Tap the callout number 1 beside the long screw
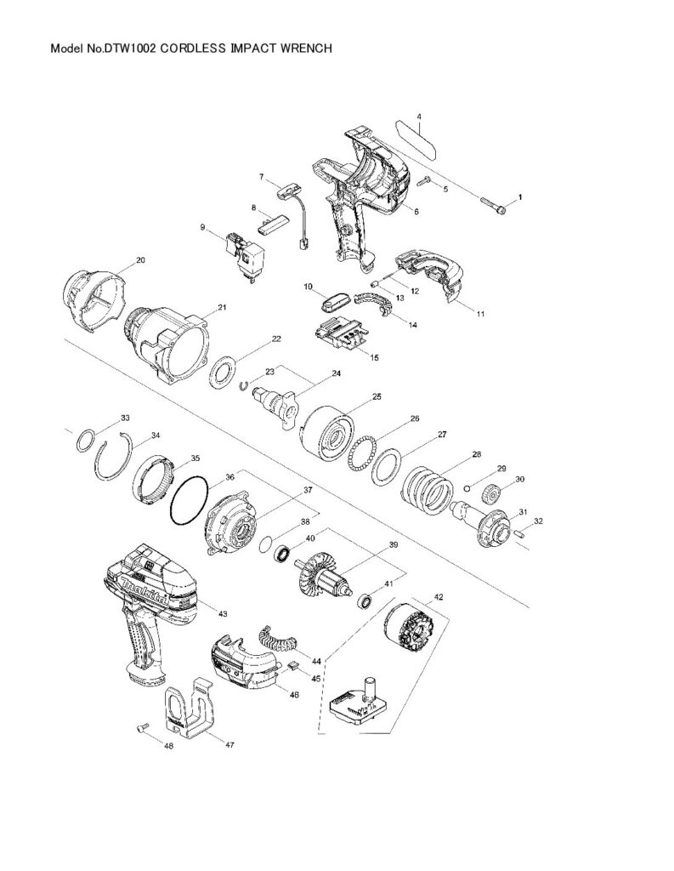click(520, 196)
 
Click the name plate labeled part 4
click(416, 137)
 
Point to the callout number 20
click(140, 259)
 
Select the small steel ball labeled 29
click(467, 487)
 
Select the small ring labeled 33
click(86, 442)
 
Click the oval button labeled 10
click(335, 302)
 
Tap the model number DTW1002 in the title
click(130, 48)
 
